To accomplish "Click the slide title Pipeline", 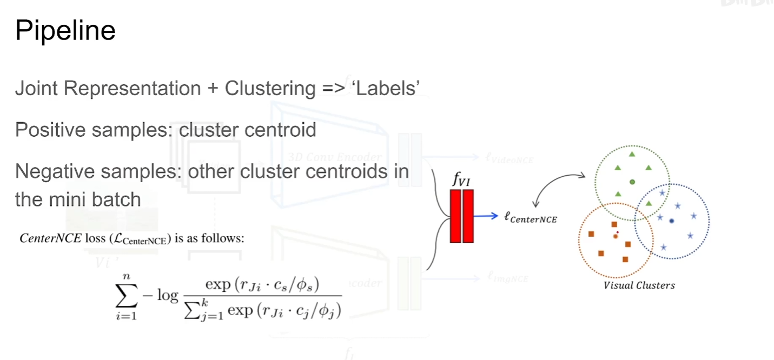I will pyautogui.click(x=65, y=31).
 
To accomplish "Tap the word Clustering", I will pyautogui.click(x=269, y=88).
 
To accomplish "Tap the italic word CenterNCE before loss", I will pyautogui.click(x=50, y=238).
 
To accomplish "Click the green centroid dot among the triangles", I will pyautogui.click(x=632, y=181).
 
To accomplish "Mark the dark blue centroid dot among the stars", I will pyautogui.click(x=671, y=221).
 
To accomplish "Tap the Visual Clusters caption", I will pyautogui.click(x=639, y=285).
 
